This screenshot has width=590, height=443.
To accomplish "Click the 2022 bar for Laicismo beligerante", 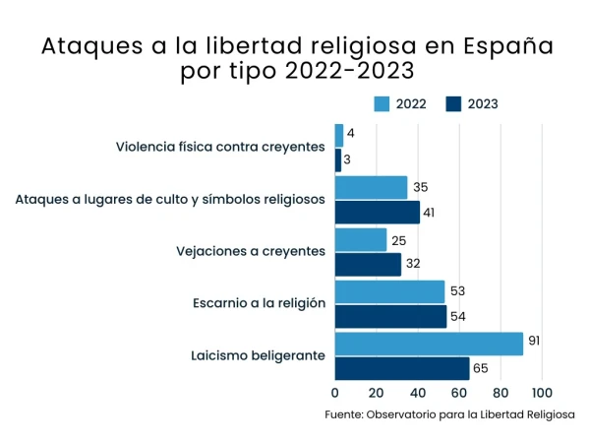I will [x=429, y=344].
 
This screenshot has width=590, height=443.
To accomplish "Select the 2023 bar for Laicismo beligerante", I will [x=402, y=368].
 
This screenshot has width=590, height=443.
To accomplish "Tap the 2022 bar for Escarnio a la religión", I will [x=389, y=291].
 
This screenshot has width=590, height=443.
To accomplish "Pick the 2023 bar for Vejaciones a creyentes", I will [x=368, y=265].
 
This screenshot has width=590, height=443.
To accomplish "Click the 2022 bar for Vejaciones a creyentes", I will [x=361, y=239].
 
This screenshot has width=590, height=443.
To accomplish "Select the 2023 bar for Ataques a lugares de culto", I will [x=378, y=213].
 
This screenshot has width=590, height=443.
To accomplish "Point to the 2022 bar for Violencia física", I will [x=339, y=135].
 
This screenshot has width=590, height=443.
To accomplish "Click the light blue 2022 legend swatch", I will [x=383, y=103].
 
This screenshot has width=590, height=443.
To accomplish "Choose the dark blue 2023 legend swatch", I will [x=454, y=103].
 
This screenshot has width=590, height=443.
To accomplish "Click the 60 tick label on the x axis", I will [x=459, y=391].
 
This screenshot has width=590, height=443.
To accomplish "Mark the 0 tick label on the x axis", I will [x=335, y=391].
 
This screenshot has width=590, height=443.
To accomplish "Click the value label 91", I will [x=534, y=342].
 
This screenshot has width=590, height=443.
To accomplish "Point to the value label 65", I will [x=481, y=368].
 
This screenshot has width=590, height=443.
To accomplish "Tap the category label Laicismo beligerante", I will [x=258, y=355].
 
